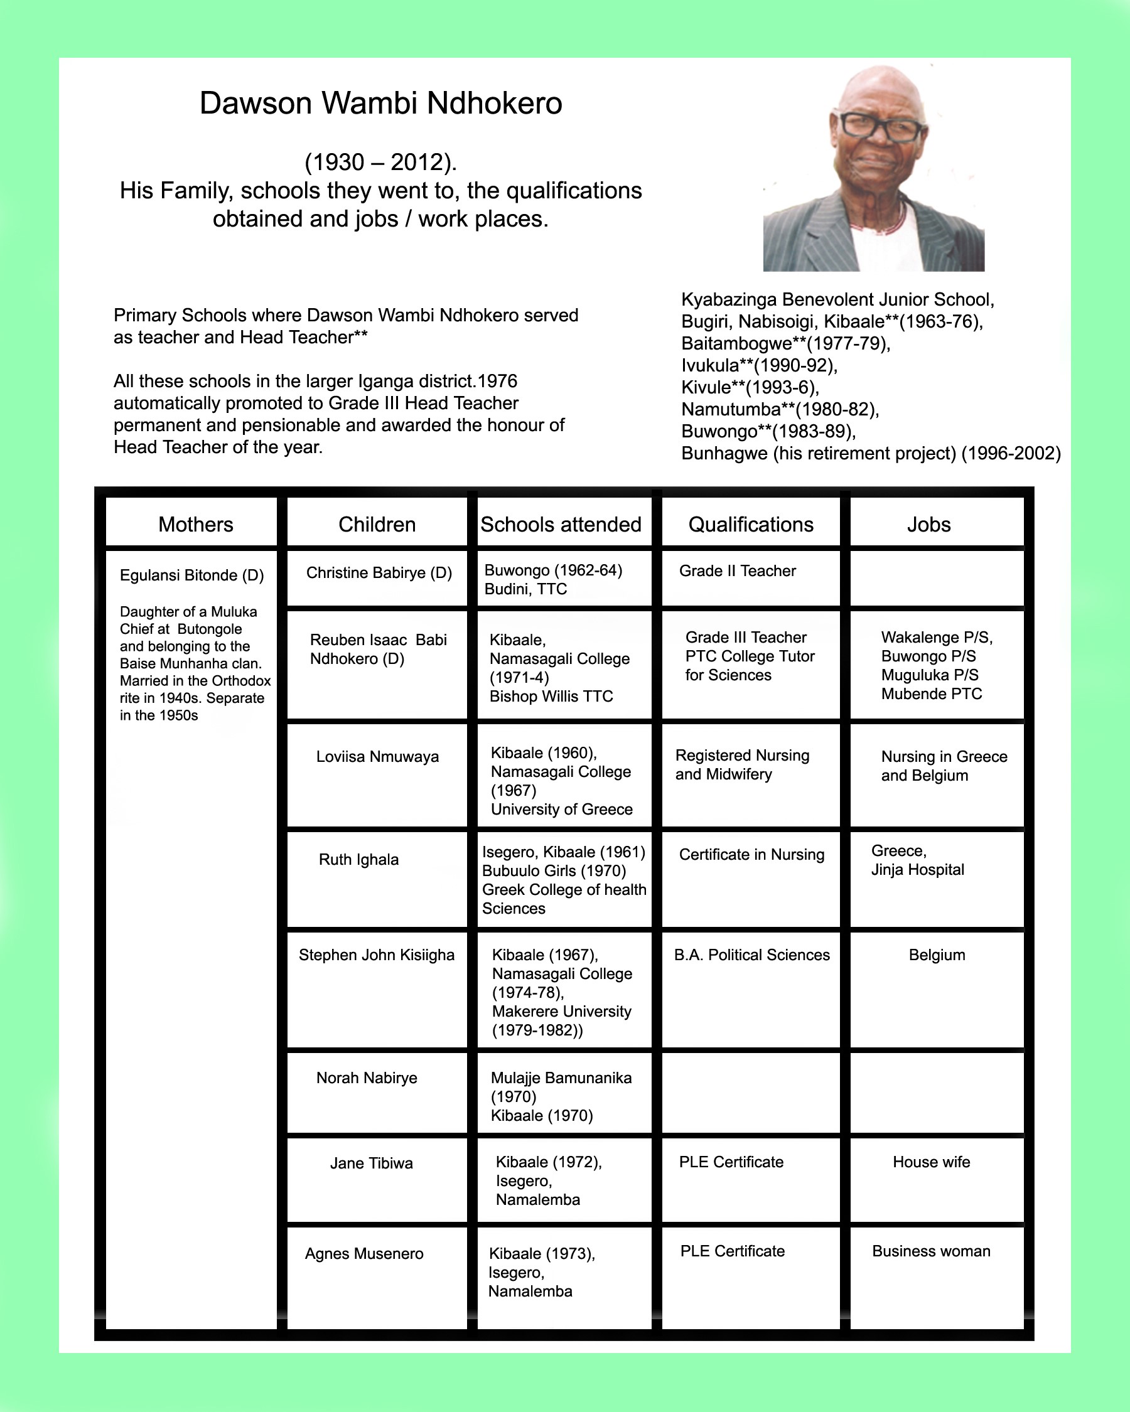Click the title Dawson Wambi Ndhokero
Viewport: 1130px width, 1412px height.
[380, 104]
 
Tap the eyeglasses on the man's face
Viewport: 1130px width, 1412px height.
[880, 126]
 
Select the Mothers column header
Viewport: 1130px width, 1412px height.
[195, 525]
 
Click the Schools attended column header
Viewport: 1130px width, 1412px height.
[561, 525]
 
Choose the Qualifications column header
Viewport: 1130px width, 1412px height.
[751, 525]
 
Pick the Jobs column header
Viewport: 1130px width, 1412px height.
[928, 525]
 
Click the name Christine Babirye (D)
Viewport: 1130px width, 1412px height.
[379, 573]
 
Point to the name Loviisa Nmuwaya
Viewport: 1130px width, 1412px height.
[377, 757]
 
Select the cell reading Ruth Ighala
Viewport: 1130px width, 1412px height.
[358, 860]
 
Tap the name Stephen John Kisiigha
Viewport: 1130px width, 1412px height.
[377, 956]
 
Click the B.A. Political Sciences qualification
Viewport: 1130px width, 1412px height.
[751, 956]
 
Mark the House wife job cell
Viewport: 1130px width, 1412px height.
[931, 1162]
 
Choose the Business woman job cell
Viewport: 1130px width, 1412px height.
[931, 1251]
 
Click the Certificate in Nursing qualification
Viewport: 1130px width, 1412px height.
[751, 855]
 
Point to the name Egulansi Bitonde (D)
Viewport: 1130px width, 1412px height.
[191, 575]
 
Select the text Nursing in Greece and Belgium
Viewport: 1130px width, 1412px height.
[944, 766]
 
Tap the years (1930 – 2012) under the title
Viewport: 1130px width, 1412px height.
[380, 162]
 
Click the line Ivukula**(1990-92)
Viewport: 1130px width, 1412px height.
[759, 365]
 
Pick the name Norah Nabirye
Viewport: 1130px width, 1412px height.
[366, 1079]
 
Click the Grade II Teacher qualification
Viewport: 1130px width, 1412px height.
[737, 571]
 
